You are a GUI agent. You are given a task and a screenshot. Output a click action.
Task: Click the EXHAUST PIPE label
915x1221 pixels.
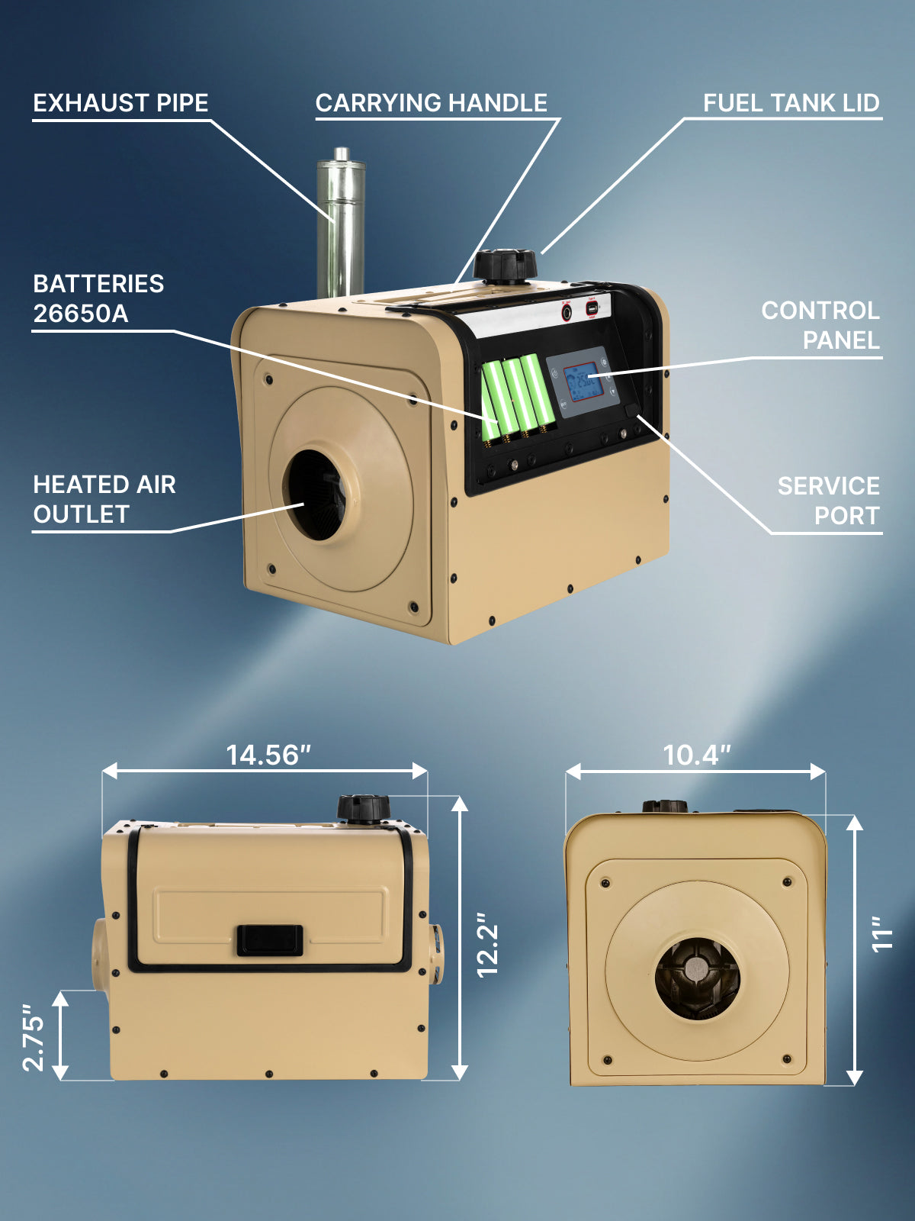click(x=120, y=103)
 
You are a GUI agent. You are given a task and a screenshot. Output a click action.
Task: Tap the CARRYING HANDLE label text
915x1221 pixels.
click(x=431, y=103)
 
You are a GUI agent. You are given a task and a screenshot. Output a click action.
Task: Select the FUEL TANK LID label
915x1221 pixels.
click(x=791, y=103)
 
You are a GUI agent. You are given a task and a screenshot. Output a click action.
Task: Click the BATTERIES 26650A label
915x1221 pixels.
click(x=98, y=298)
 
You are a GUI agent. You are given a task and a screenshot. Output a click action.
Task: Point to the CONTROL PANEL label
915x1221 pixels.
click(x=820, y=325)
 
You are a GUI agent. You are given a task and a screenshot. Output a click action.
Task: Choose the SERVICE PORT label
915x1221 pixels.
click(x=828, y=501)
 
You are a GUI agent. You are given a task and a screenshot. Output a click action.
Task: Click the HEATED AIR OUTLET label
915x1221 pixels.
click(x=104, y=499)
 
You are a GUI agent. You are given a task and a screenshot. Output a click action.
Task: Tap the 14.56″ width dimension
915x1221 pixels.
click(x=268, y=755)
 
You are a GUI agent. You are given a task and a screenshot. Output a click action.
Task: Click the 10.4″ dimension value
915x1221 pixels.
click(x=696, y=755)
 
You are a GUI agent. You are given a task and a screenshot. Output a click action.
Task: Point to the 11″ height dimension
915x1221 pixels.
click(x=881, y=934)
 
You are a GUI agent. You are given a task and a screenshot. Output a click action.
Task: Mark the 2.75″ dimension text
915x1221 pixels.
click(x=34, y=1038)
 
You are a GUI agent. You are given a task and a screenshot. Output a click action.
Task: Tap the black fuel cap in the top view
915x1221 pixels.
click(x=505, y=266)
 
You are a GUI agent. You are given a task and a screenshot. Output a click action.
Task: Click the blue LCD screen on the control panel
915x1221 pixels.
click(x=583, y=382)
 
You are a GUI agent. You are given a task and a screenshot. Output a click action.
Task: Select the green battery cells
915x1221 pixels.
click(x=517, y=397)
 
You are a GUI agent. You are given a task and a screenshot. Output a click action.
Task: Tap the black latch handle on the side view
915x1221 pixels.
click(x=269, y=939)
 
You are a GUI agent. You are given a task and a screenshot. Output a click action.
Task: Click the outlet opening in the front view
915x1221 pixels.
click(x=697, y=978)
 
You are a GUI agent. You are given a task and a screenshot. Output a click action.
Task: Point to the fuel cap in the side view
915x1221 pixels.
click(x=364, y=808)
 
